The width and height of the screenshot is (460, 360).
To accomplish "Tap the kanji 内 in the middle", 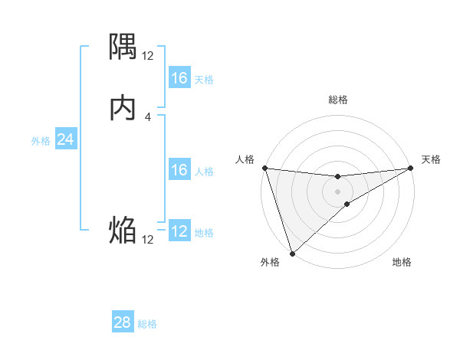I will click(123, 108).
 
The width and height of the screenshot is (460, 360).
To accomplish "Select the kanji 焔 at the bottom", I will click(123, 230).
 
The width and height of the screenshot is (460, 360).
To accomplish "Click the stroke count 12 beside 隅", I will click(147, 55).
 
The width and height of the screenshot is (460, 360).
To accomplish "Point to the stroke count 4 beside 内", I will click(147, 116).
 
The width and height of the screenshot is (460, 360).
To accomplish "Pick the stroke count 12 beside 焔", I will click(147, 239).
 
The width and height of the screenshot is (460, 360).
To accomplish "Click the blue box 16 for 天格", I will click(179, 78).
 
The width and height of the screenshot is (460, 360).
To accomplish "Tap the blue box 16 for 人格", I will click(179, 170).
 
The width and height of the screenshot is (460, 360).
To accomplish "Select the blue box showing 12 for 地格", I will click(179, 231).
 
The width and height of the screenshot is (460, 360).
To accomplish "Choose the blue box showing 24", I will click(65, 139).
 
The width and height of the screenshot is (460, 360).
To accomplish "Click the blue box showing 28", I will click(123, 322).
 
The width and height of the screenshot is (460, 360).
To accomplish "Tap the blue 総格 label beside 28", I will click(147, 324).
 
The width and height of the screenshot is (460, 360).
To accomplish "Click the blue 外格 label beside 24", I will click(41, 141).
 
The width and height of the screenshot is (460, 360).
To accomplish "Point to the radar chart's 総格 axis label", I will click(337, 100).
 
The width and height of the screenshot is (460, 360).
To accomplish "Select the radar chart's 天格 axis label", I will click(431, 159).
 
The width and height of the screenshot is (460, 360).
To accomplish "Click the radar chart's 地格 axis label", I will click(402, 262).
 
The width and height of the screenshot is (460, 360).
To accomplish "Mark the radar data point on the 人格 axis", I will click(264, 168).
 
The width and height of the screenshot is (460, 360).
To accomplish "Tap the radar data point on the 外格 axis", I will click(292, 253).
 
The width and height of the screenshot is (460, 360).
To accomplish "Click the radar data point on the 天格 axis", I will click(410, 168).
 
